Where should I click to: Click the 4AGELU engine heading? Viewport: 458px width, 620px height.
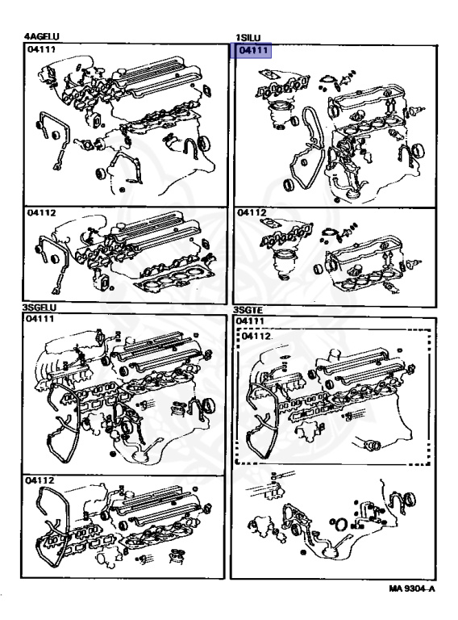41,37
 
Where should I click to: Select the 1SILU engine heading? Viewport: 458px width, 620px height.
248,38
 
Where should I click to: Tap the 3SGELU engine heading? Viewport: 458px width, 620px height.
40,308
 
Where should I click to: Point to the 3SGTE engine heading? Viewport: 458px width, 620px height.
248,310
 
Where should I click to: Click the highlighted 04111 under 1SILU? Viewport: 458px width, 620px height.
251,51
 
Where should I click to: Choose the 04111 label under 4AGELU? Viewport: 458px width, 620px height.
41,49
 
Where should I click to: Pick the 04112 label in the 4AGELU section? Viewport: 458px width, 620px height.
41,213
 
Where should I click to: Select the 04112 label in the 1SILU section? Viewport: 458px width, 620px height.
252,213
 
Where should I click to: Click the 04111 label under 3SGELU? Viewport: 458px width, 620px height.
40,319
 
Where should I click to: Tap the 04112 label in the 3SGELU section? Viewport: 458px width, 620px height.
40,480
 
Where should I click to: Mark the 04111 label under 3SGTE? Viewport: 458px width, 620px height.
249,321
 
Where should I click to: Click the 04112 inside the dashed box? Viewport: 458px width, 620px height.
256,336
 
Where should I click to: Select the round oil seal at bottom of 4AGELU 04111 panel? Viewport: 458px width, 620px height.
101,174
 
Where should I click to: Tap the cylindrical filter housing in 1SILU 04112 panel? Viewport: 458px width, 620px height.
283,262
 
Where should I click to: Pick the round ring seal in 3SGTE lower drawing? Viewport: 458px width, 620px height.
342,523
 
